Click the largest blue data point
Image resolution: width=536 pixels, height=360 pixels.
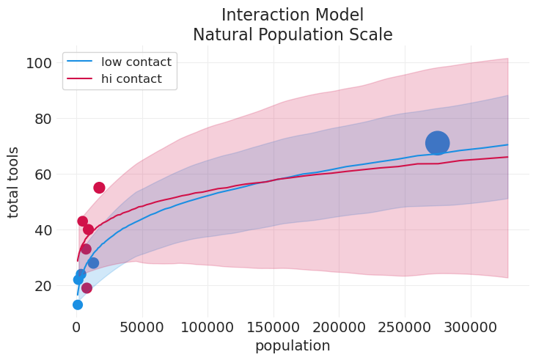click(437, 143)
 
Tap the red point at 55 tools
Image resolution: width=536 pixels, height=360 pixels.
click(99, 188)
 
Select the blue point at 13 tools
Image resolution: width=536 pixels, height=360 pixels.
click(78, 304)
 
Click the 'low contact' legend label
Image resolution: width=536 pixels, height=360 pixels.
click(136, 62)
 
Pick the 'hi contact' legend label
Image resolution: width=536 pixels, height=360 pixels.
click(131, 79)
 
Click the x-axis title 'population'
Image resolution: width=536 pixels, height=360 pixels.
click(292, 346)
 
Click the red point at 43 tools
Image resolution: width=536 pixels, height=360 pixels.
click(82, 221)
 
